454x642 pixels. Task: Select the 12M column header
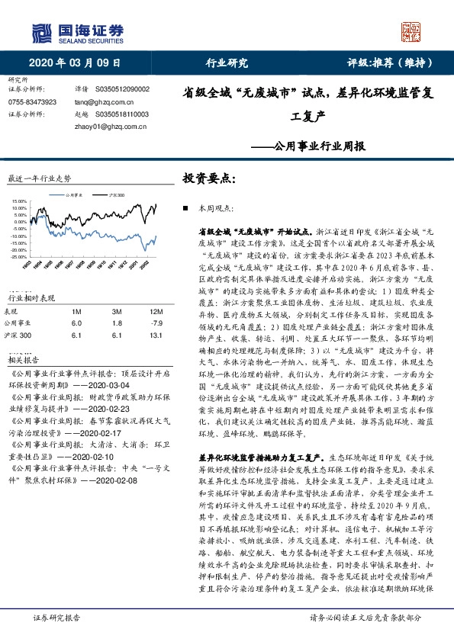tap(158, 312)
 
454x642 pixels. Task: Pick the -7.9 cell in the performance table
tap(158, 323)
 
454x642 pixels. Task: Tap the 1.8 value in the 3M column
tap(116, 323)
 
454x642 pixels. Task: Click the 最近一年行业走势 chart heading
tap(39, 178)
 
